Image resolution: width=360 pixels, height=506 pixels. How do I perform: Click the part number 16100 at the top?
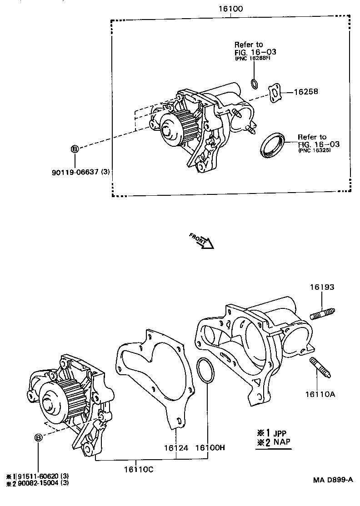230,9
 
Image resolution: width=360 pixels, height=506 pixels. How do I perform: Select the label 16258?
305,92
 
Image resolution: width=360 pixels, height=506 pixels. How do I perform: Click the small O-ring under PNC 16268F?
254,83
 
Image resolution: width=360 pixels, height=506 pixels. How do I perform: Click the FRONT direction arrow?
202,241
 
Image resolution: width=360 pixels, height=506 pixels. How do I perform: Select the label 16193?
322,287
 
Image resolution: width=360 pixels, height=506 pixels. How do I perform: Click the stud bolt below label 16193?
323,314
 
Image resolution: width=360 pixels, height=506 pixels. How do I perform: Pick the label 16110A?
320,394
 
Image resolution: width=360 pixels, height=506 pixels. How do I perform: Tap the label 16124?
176,448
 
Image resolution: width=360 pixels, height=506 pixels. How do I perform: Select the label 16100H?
210,448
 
